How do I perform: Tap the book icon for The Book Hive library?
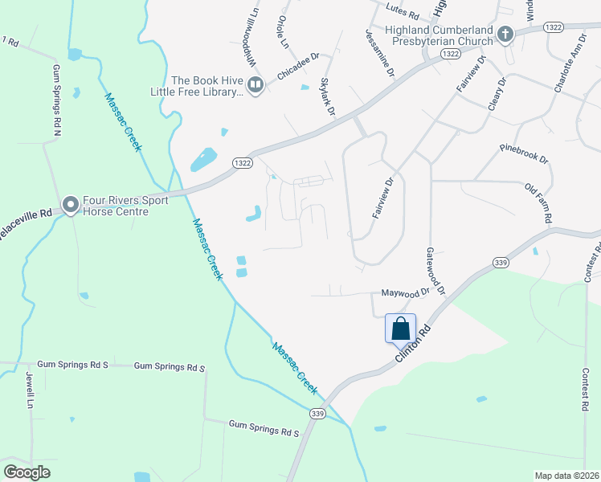pyautogui.click(x=256, y=84)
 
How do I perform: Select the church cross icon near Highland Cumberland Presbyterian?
pyautogui.click(x=505, y=35)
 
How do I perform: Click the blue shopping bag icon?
pyautogui.click(x=400, y=329)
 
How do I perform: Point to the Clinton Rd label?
pyautogui.click(x=415, y=344)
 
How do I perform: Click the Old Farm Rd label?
pyautogui.click(x=538, y=203)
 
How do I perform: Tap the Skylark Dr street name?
pyautogui.click(x=327, y=97)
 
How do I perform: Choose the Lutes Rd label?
pyautogui.click(x=403, y=14)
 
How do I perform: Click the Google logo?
pyautogui.click(x=27, y=472)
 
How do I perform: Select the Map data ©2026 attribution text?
pyautogui.click(x=566, y=476)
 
